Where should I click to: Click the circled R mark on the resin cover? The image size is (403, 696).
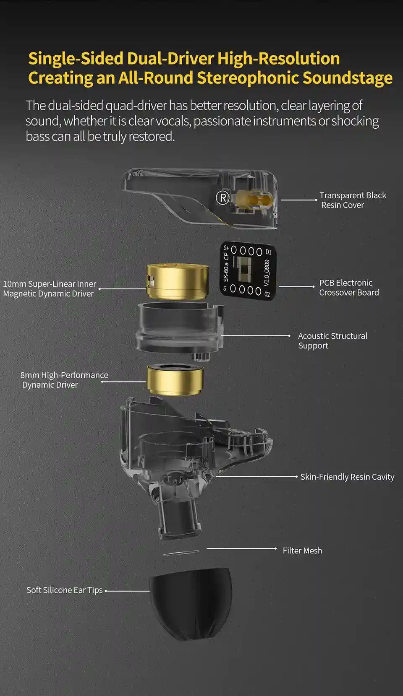pos(222,197)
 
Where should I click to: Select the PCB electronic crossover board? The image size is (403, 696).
pos(248,271)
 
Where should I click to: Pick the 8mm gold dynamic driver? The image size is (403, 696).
pos(175,380)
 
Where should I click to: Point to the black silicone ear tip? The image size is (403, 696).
pos(191,604)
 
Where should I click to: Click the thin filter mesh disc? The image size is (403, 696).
pos(181,553)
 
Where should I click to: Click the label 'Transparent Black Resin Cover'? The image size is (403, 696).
pos(353,200)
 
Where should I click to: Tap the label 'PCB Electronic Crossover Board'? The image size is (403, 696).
pos(349,287)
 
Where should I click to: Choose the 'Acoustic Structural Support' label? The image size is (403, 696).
pos(332,340)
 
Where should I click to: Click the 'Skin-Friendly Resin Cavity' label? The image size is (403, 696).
pos(347,477)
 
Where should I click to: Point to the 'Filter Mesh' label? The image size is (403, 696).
pos(302,551)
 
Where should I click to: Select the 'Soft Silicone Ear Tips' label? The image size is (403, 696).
pos(64,590)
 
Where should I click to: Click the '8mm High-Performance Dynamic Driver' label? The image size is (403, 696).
pos(64,380)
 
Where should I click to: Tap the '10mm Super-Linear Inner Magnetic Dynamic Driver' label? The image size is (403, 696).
pos(50,288)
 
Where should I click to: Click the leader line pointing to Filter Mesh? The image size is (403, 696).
pos(241,548)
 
